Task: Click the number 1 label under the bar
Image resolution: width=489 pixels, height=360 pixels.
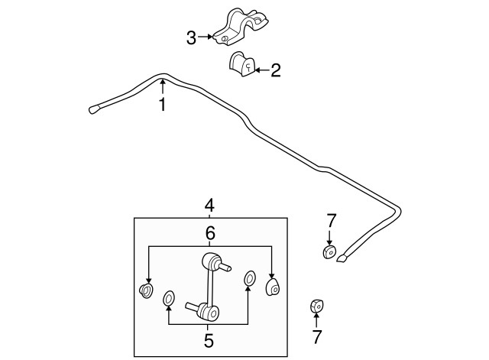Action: pyautogui.click(x=162, y=105)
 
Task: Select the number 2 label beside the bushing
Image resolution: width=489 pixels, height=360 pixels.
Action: pyautogui.click(x=276, y=70)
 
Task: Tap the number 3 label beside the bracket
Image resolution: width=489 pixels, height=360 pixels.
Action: pyautogui.click(x=193, y=36)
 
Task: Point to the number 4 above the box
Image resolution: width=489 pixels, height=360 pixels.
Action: pyautogui.click(x=209, y=205)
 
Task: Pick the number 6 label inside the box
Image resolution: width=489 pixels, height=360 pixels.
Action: pyautogui.click(x=209, y=232)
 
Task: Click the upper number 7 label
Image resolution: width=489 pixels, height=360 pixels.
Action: pyautogui.click(x=331, y=221)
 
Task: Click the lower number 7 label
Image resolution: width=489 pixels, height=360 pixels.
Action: pyautogui.click(x=316, y=336)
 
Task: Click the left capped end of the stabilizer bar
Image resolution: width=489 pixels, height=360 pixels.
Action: pyautogui.click(x=95, y=109)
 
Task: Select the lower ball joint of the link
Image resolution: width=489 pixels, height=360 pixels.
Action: pyautogui.click(x=208, y=311)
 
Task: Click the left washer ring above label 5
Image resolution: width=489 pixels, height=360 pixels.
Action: pyautogui.click(x=169, y=296)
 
